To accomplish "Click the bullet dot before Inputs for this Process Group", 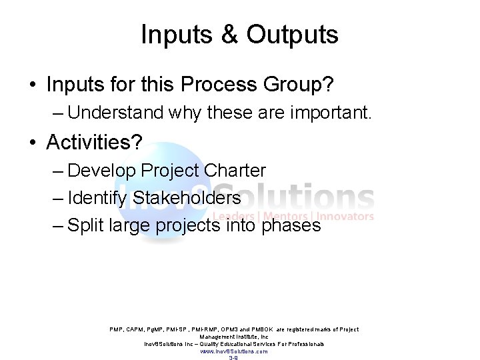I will [x=32, y=85].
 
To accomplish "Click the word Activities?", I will [x=94, y=141].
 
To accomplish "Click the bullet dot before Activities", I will [x=32, y=142].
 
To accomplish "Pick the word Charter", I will [x=235, y=170].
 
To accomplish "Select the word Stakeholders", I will [x=187, y=198].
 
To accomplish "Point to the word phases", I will [x=292, y=226].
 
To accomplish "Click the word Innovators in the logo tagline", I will [x=345, y=216].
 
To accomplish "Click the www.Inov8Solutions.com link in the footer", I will [x=233, y=351].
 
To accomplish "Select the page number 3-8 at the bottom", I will [x=233, y=358].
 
